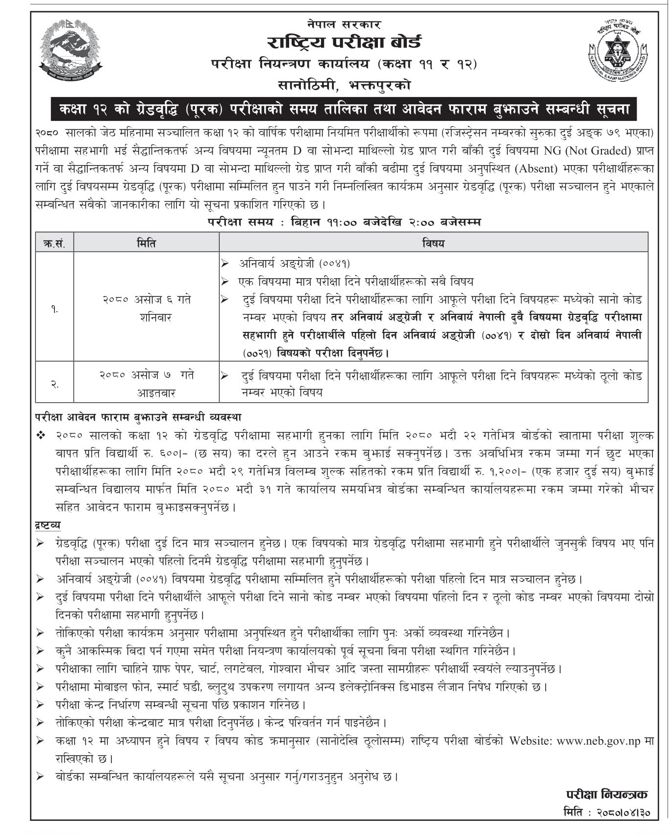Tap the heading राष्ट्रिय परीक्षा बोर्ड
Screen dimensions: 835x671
click(x=344, y=43)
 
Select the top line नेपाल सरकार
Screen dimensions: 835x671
click(x=344, y=24)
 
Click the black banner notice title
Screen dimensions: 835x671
click(x=344, y=109)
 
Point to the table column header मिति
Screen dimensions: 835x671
click(x=146, y=243)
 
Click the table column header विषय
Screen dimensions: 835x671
click(x=433, y=243)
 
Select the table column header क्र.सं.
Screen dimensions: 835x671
click(x=54, y=243)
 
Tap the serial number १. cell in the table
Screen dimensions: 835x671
click(x=54, y=309)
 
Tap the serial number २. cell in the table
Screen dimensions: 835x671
click(x=54, y=384)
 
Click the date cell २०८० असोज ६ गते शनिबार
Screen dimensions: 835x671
click(x=146, y=309)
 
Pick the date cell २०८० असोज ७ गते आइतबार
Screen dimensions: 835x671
click(x=146, y=384)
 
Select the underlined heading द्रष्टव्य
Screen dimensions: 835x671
click(x=48, y=525)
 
